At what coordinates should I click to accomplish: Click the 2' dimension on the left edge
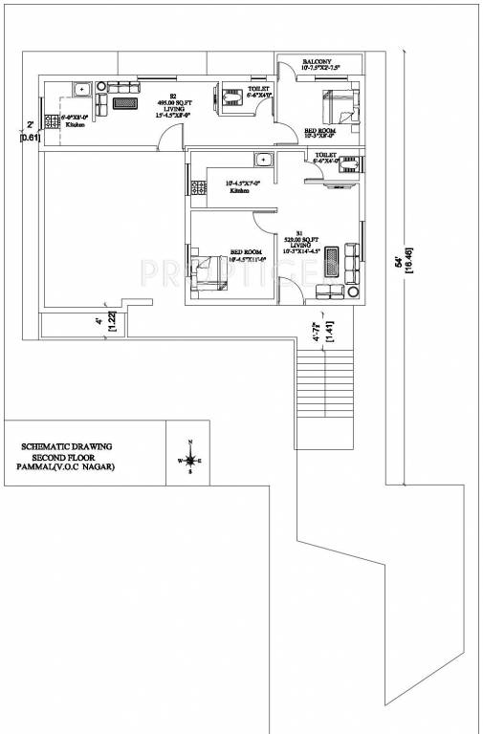pos(31,125)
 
